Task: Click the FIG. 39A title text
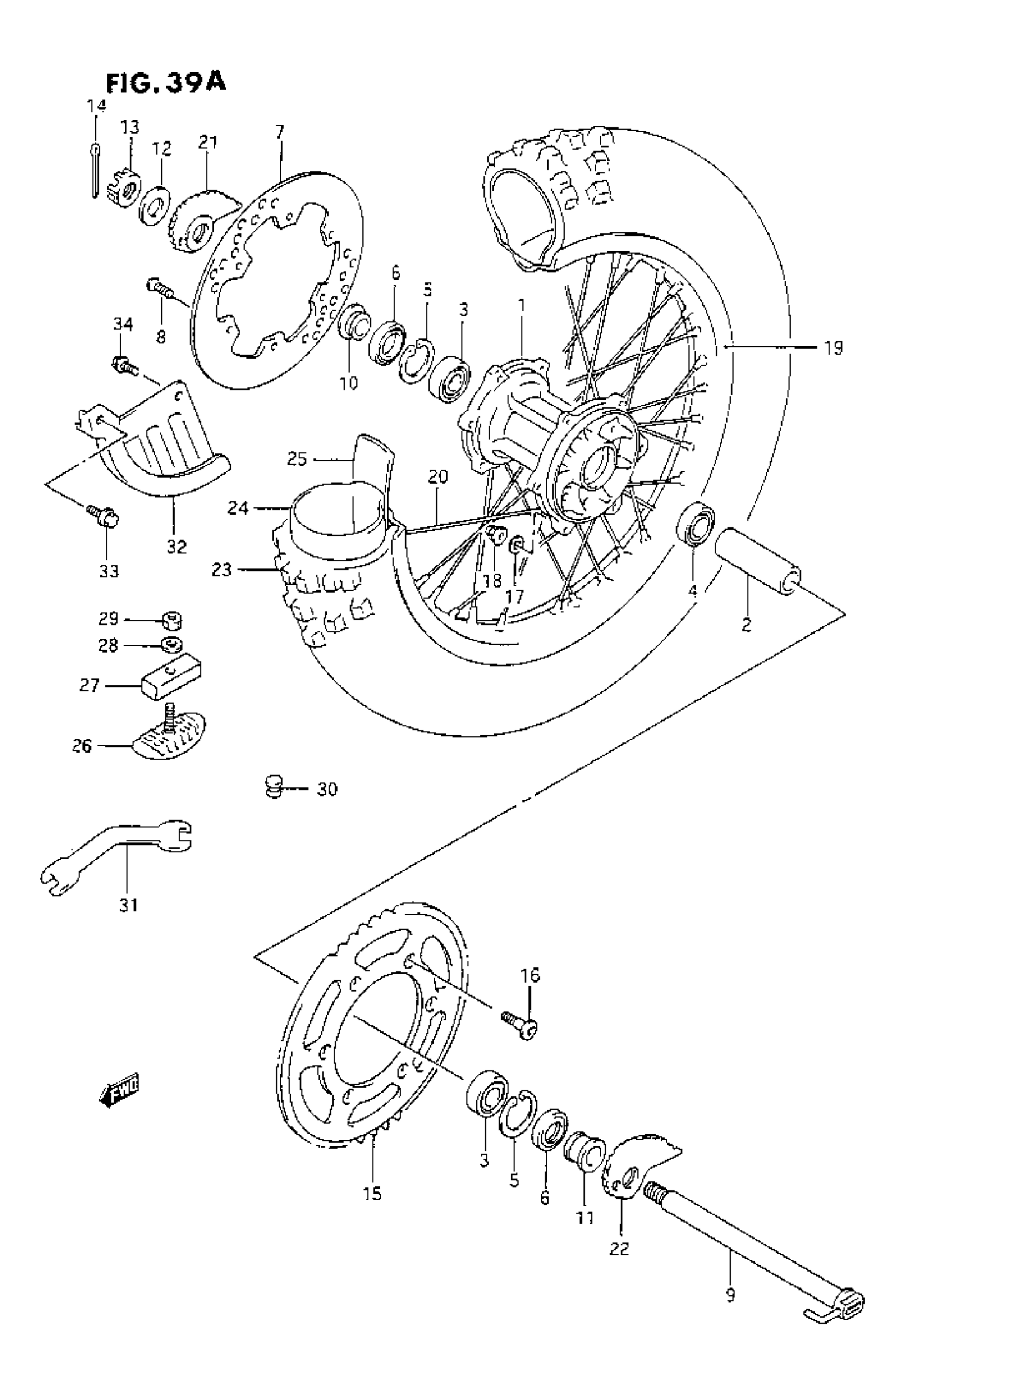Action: click(x=166, y=82)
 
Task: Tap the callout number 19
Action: click(x=833, y=348)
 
